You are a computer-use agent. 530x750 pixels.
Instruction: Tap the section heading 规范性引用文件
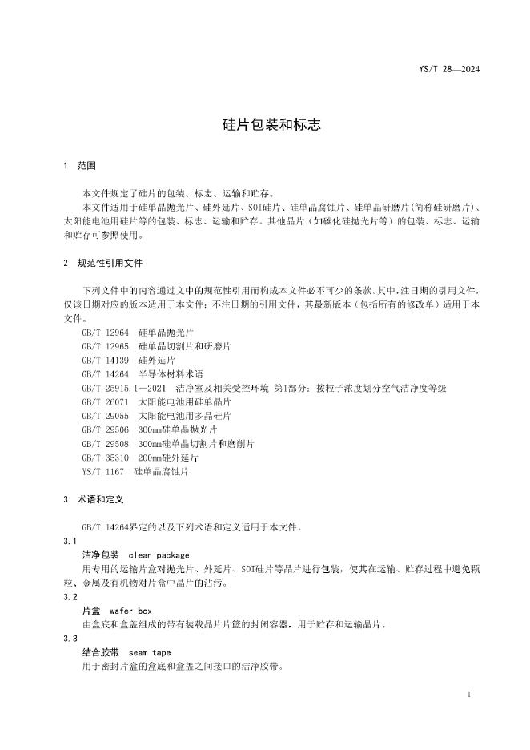click(x=110, y=262)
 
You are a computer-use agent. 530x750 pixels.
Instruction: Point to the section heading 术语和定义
click(x=100, y=498)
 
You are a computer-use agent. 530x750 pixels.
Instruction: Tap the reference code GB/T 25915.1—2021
click(x=125, y=388)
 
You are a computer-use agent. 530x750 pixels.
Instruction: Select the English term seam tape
click(x=150, y=652)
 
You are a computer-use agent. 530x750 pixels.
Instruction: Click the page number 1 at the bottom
click(x=468, y=694)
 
